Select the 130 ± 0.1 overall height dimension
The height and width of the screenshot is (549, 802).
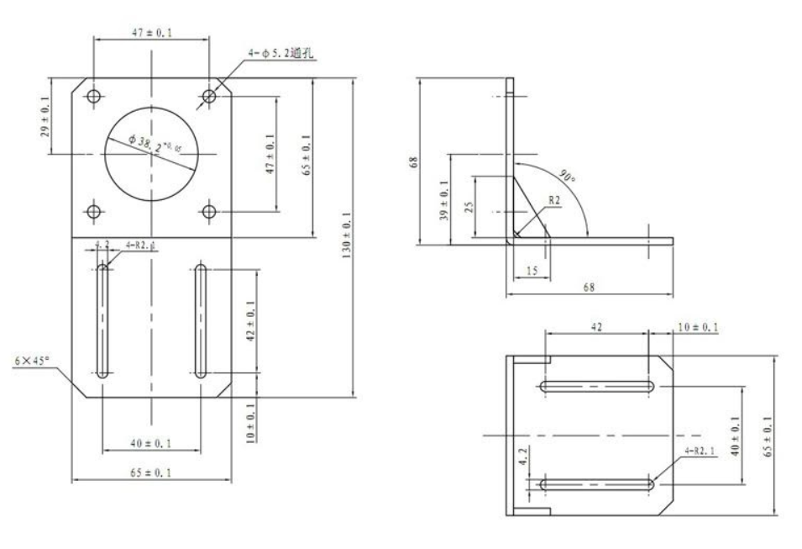click(346, 236)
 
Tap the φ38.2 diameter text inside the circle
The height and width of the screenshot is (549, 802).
click(156, 146)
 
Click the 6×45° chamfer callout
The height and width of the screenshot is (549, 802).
click(32, 360)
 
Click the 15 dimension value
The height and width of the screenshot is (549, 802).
click(528, 272)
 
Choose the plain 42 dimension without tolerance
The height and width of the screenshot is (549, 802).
click(596, 325)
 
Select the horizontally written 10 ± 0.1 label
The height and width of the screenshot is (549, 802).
click(696, 325)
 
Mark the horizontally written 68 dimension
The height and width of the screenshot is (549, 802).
click(588, 288)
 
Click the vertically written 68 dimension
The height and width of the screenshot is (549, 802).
click(413, 160)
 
